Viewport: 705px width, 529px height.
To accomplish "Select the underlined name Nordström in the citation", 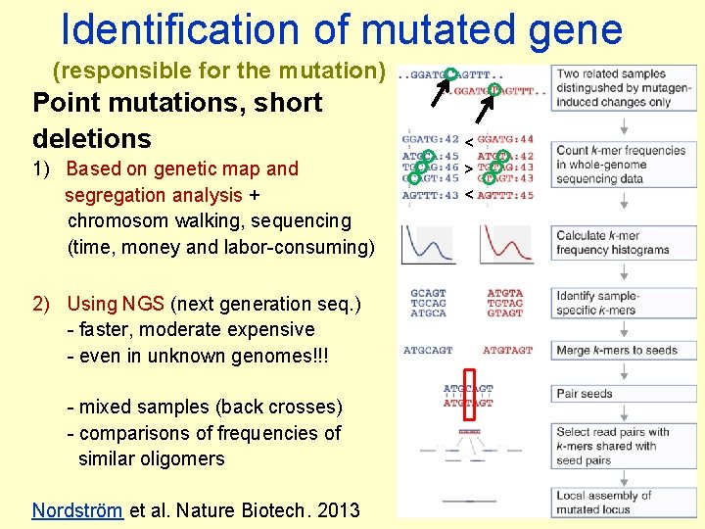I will point(77,510).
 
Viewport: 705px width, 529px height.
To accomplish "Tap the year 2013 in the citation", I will point(339,510).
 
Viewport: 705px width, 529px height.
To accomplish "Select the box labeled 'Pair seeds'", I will point(620,394).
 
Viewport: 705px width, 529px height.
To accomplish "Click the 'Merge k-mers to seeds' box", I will point(620,350).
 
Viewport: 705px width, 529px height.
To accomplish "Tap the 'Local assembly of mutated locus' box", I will point(620,502).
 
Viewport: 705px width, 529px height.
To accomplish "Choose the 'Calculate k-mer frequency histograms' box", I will point(620,243).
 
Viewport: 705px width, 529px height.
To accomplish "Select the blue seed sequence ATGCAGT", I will point(428,350).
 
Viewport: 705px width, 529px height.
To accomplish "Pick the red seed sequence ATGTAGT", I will point(507,350).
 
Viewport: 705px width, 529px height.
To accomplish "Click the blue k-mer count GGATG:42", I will point(430,140).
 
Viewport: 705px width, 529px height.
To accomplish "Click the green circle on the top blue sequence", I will point(449,72).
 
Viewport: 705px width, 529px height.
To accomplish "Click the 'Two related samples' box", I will point(620,87).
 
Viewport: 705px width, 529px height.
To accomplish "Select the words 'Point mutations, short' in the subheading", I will point(177,102).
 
